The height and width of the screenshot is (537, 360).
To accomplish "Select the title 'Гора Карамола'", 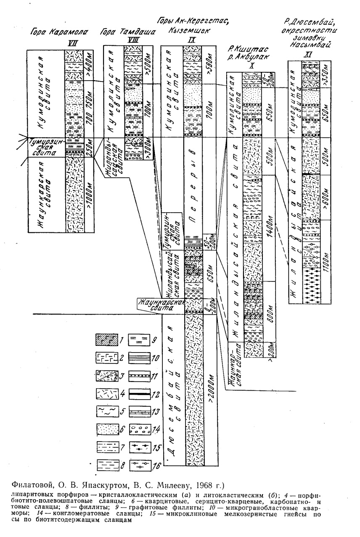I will [x=50, y=31].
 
